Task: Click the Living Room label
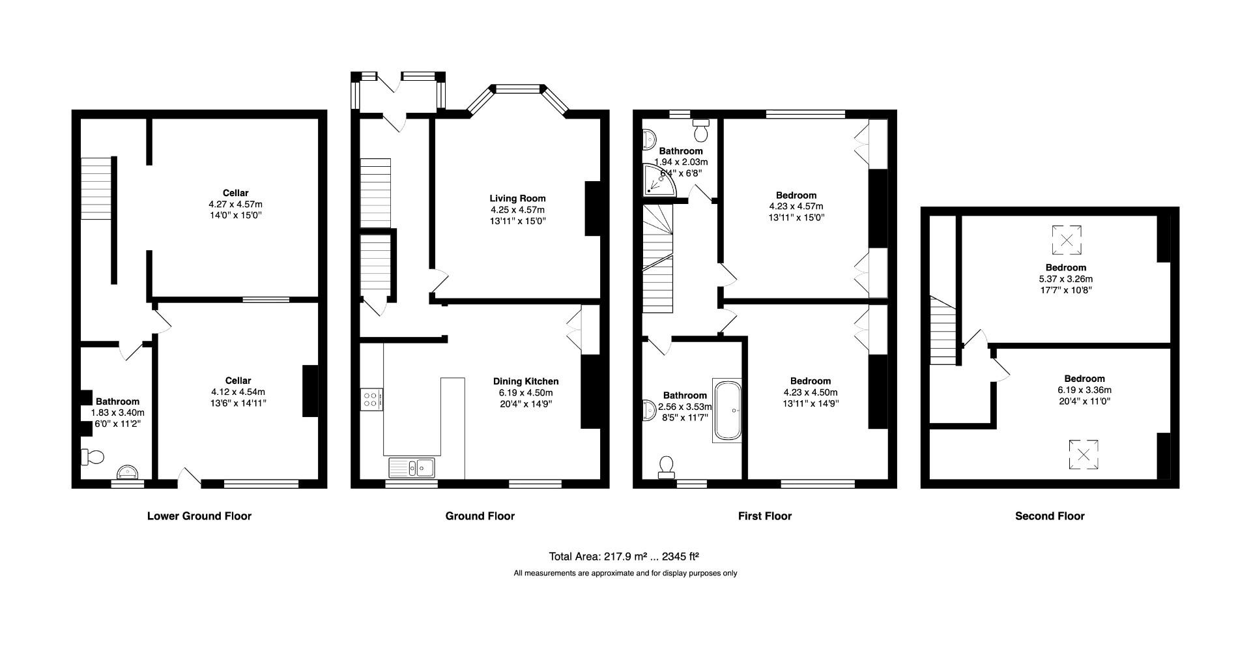[517, 198]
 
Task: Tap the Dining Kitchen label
[525, 381]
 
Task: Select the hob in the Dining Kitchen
[371, 399]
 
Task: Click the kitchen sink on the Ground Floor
[412, 467]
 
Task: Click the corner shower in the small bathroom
[657, 182]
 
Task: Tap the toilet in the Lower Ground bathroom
[92, 457]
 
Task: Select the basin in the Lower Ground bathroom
[127, 472]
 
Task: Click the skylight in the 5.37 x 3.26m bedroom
[1067, 240]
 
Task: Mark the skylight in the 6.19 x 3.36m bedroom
[1083, 455]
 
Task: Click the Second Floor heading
[1050, 516]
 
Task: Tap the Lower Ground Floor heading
[199, 516]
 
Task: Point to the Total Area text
[624, 557]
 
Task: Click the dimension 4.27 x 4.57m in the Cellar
[235, 204]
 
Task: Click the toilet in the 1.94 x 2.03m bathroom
[702, 132]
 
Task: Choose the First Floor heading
[764, 516]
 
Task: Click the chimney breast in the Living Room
[592, 209]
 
